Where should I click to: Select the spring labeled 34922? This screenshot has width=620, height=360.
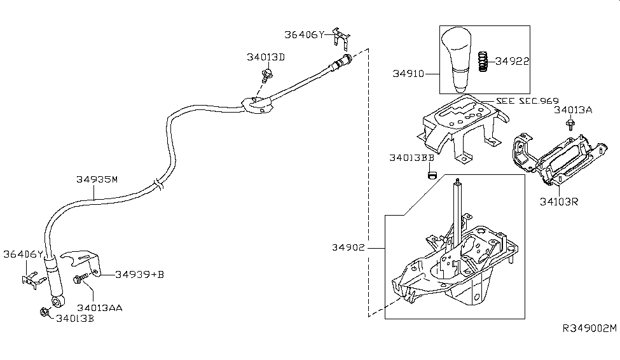[x=483, y=62]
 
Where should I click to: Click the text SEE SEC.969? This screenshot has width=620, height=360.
[x=527, y=102]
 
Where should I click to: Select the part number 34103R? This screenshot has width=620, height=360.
[x=559, y=202]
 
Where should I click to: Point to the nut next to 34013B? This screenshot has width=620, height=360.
[x=45, y=312]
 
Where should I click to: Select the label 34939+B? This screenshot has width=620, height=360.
[x=139, y=274]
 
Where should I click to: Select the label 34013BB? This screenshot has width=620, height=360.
[x=411, y=156]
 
